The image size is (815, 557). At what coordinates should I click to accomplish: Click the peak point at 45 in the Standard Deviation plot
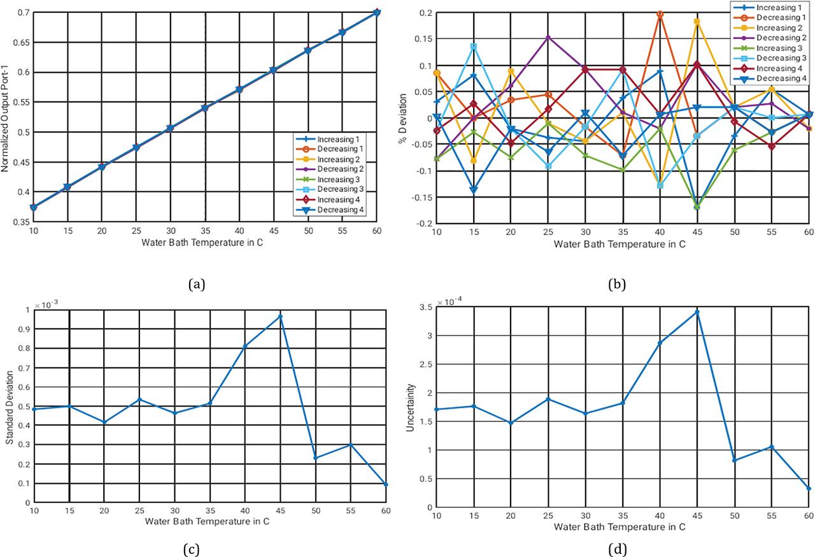tap(280, 316)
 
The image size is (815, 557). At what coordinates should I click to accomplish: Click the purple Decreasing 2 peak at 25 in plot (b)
tap(548, 37)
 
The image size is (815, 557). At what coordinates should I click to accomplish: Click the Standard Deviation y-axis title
tap(10, 406)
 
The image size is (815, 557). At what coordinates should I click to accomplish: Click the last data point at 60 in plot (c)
tap(386, 484)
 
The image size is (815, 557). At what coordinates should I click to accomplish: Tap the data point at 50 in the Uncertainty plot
tap(734, 460)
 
